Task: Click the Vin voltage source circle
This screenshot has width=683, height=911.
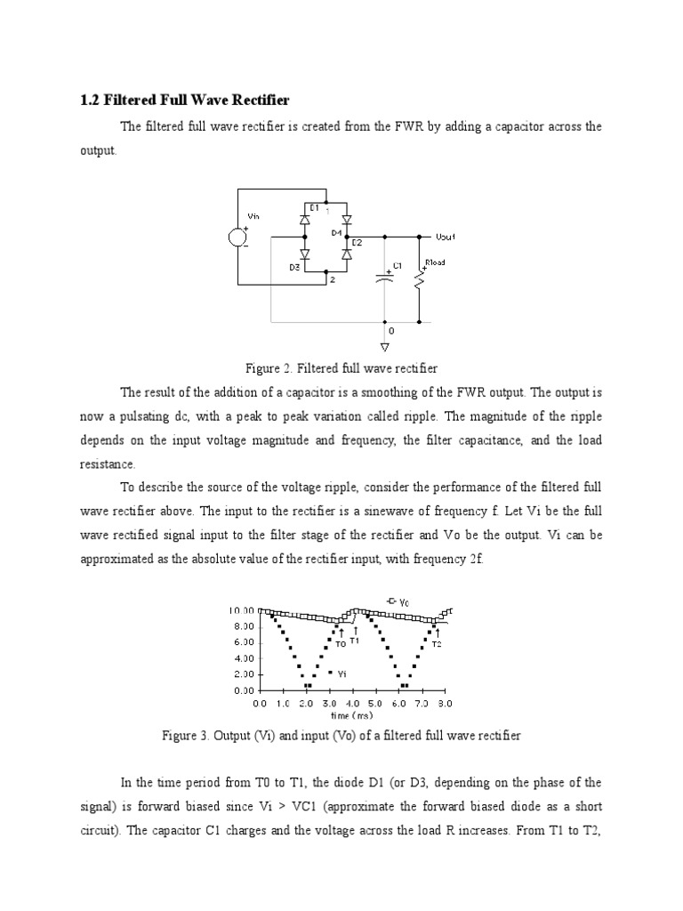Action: [238, 237]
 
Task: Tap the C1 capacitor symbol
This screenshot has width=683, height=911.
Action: [385, 278]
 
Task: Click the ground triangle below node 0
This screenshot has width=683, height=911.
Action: [385, 345]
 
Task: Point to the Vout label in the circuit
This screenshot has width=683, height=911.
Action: [446, 238]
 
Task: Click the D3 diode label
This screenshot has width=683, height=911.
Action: [293, 266]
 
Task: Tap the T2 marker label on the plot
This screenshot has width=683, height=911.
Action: [437, 644]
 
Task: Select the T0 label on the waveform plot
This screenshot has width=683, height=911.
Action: [341, 644]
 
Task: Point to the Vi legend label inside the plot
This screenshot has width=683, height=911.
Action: [341, 673]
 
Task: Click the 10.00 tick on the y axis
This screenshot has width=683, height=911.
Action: [242, 611]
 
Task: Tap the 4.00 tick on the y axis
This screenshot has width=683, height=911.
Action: [243, 658]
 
